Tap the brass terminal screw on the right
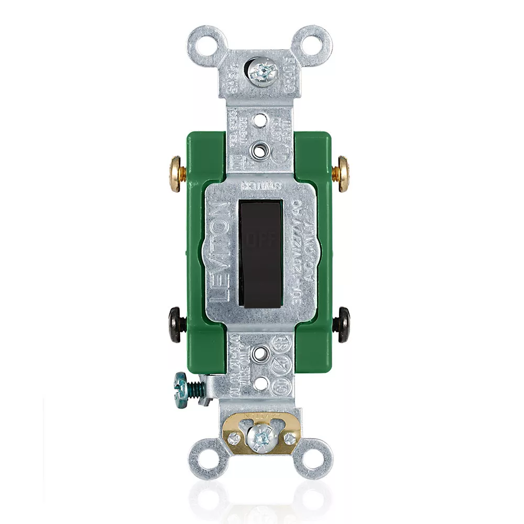point(344,173)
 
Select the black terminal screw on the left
point(175,325)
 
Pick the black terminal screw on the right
point(344,325)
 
